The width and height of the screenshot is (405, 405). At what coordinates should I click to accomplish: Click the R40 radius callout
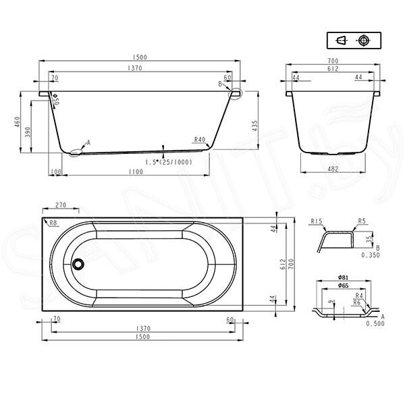pos(199,140)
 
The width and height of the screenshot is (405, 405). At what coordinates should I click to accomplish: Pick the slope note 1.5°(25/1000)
pos(169,162)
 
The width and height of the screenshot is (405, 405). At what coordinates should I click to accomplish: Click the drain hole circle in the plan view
pos(78,265)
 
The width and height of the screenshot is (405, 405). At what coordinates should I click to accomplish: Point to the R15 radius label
pos(316,221)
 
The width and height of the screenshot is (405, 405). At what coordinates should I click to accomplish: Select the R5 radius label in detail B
pos(362,221)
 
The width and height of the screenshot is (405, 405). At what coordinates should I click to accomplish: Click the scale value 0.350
pos(370,255)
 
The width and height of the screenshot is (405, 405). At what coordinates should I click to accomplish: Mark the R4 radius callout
pos(360,296)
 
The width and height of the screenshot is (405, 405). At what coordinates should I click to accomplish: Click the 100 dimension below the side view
pos(56,172)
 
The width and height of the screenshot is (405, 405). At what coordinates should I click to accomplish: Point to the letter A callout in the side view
pos(87,143)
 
